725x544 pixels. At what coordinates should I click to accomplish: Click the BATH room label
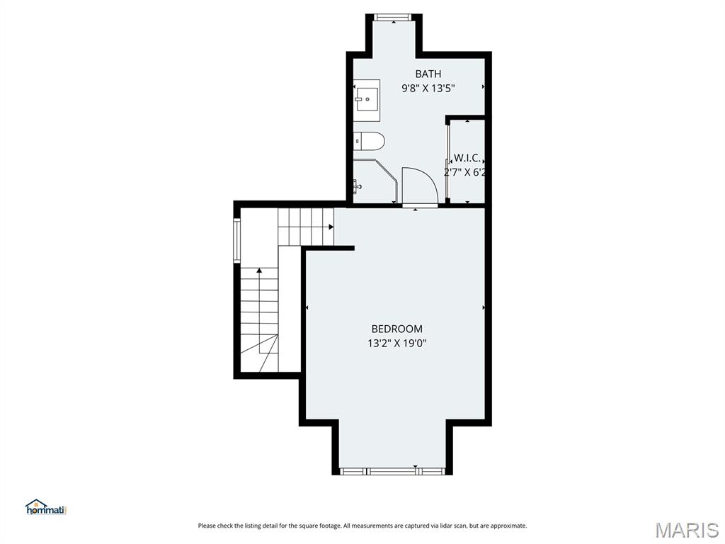[428, 74]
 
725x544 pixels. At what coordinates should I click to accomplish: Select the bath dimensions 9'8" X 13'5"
[428, 89]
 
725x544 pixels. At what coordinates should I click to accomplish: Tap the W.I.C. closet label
[467, 157]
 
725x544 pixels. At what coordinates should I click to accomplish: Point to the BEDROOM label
[396, 329]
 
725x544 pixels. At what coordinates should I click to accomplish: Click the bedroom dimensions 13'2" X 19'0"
[396, 344]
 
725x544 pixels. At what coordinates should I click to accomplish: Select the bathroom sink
[367, 99]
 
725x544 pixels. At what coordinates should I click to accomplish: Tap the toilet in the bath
[369, 141]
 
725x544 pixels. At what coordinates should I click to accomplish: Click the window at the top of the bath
[393, 17]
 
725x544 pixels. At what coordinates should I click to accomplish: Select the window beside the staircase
[237, 241]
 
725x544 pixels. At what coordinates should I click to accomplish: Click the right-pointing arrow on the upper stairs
[331, 227]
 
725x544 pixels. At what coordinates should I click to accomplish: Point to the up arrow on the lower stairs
[259, 271]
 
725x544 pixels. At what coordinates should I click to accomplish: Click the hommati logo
[45, 507]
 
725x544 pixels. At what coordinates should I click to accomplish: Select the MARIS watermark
[686, 528]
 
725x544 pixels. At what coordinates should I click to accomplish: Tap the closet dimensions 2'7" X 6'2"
[465, 172]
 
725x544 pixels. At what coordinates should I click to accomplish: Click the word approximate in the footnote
[508, 526]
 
